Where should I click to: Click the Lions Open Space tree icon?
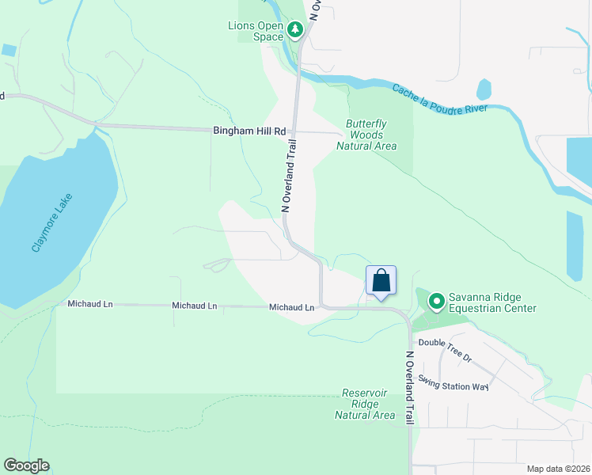click(295, 30)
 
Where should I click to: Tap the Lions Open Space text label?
click(256, 30)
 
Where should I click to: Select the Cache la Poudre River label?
click(451, 97)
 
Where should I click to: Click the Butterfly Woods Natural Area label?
click(366, 135)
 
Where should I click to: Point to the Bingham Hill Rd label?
click(249, 131)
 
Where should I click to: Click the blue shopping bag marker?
click(381, 281)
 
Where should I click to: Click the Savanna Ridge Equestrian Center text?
click(492, 302)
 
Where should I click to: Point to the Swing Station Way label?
click(453, 382)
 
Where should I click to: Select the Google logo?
click(26, 465)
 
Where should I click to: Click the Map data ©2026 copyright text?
click(557, 469)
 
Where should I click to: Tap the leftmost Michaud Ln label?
click(89, 304)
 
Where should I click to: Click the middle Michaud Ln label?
click(194, 305)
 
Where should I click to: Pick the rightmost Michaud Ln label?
click(291, 306)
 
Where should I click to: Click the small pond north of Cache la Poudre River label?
click(484, 89)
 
